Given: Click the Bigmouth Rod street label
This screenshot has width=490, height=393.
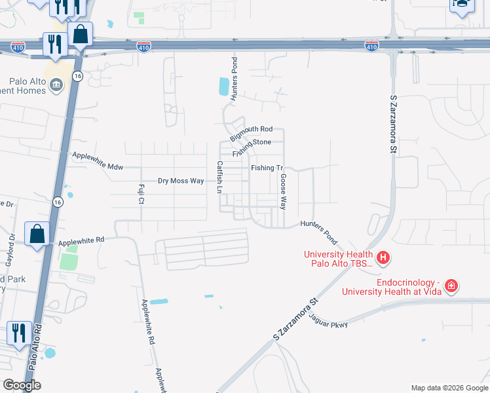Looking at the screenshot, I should coord(252,130).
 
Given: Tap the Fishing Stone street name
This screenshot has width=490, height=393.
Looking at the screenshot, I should coord(251,142).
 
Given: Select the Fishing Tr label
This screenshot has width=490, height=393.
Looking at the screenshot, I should coord(267,168).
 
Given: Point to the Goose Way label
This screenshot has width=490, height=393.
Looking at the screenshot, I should coord(284,191).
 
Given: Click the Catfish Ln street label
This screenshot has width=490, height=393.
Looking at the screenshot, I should coord(220,177).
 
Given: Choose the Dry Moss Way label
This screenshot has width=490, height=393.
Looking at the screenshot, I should coord(181,180).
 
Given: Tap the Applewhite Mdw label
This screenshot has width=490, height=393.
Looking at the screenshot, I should coord(98,159).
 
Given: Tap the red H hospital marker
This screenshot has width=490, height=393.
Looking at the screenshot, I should coord(384,258).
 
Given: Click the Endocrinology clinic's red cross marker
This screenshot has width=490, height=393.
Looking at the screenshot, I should coord(451,286).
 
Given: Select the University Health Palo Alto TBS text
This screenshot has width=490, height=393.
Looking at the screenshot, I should coord(338,259).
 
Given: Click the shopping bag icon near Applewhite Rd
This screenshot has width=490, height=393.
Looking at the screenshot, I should coord(37,234).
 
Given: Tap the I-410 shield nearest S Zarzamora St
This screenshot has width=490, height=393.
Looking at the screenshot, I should coord(371,46).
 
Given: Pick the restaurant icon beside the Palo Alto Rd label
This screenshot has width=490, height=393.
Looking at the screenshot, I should coord(19,332).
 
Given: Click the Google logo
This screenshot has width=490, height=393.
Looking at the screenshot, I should coord(22,385).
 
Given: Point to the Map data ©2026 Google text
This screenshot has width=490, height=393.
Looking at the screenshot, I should coord(449,388).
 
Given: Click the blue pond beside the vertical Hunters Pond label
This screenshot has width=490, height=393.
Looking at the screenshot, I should coord(224,85).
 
